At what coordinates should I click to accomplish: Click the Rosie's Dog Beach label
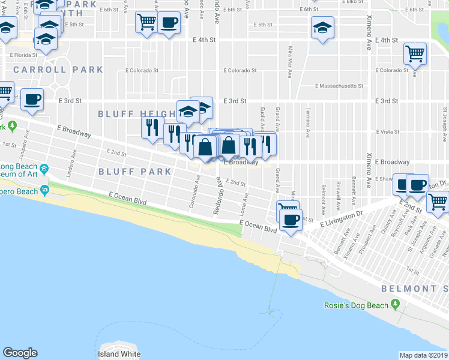[357, 305]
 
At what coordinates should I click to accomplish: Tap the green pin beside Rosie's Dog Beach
[395, 305]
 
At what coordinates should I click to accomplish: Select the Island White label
[120, 354]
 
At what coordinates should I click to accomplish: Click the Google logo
[20, 353]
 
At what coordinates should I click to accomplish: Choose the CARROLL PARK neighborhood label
[58, 70]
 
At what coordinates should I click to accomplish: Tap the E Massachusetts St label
[339, 86]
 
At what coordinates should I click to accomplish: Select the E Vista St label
[387, 131]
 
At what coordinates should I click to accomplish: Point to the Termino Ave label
[307, 124]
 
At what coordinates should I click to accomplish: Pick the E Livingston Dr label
[342, 221]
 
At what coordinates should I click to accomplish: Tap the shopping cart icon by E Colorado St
[415, 53]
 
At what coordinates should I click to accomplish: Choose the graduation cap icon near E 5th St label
[322, 28]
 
